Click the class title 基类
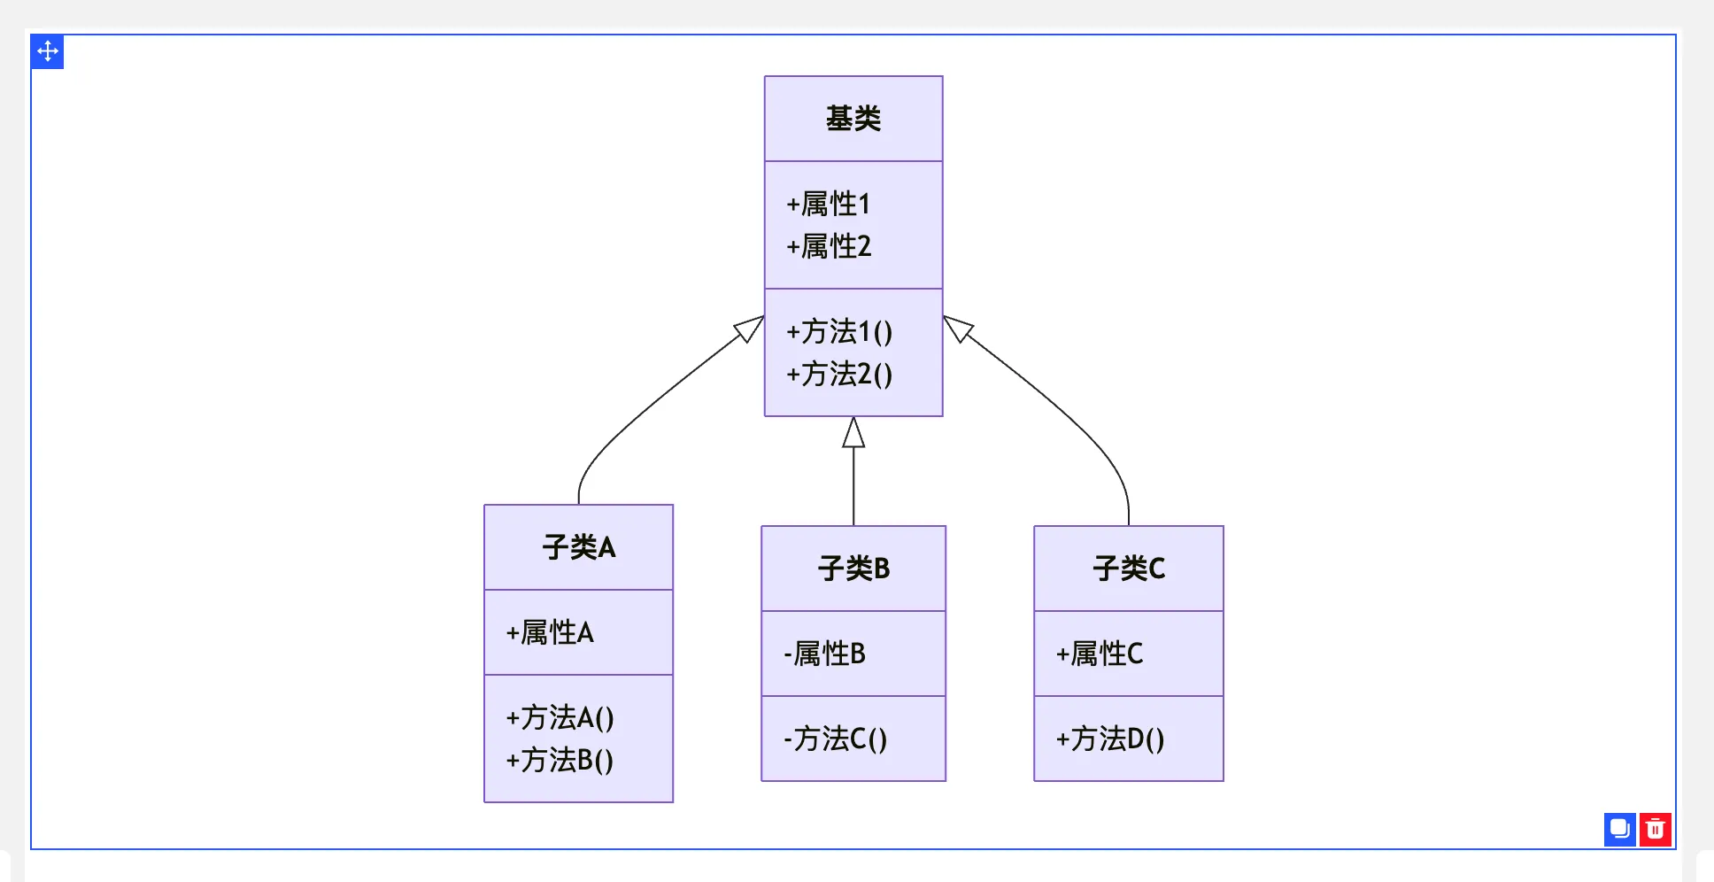(853, 119)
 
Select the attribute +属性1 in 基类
(829, 205)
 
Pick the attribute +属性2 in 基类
(829, 247)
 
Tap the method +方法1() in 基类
(839, 332)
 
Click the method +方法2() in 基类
(839, 375)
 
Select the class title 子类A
(578, 547)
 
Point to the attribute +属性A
(550, 633)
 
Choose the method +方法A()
(560, 718)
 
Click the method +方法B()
(560, 761)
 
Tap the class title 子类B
(853, 569)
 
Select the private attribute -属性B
(824, 654)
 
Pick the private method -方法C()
(835, 739)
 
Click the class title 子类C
(1129, 569)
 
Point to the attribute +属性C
(1100, 654)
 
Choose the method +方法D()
(1110, 739)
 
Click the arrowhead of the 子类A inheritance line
(750, 329)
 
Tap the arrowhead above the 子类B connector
(853, 433)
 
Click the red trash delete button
(1655, 830)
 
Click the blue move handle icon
(48, 51)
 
